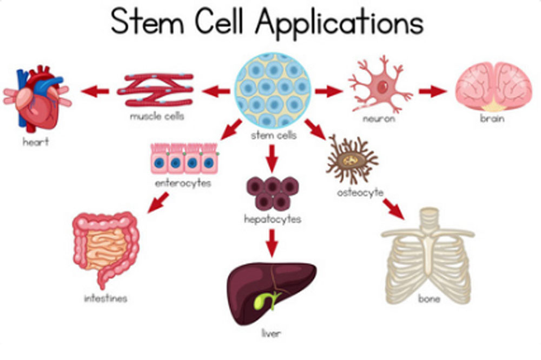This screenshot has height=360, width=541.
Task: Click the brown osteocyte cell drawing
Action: [352, 159]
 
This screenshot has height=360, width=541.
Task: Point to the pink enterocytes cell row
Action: [184, 159]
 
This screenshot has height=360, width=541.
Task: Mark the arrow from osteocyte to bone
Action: [393, 208]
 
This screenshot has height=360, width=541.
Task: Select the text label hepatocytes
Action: [272, 219]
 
